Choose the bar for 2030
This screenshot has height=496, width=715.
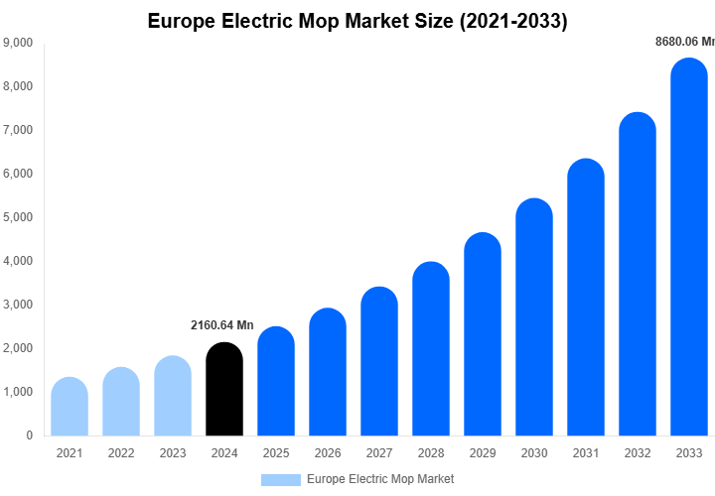coord(534,317)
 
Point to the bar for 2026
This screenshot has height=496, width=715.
coord(328,372)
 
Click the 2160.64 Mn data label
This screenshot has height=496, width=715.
coord(222,325)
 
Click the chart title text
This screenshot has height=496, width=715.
coord(357,21)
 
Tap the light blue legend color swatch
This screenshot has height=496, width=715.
coord(280,479)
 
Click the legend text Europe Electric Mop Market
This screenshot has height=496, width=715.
coord(380,479)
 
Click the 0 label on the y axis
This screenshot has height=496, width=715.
coord(29,435)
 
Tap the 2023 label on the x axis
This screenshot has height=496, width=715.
coord(173,453)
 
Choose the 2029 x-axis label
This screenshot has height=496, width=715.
coord(483,453)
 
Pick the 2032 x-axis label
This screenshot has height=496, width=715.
coord(638,453)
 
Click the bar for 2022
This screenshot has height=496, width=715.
coord(121,402)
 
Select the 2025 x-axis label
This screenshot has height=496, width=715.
coord(276,453)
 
